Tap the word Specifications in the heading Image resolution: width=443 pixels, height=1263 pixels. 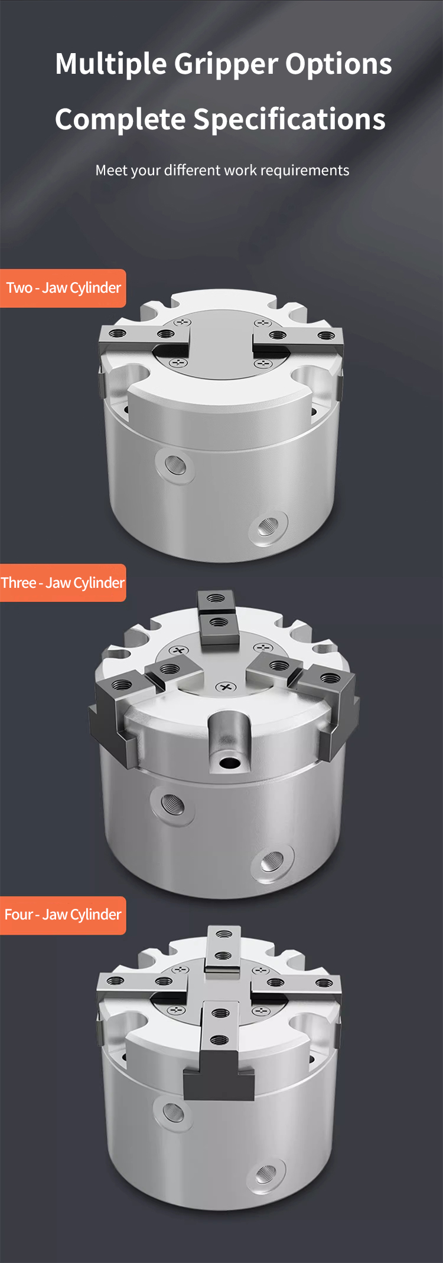[x=289, y=120]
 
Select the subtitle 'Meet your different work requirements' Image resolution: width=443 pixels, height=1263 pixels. [x=222, y=170]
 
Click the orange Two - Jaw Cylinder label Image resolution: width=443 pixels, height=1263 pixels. [x=63, y=288]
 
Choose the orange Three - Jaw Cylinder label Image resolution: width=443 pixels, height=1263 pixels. [x=63, y=583]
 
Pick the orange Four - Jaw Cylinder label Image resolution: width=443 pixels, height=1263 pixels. [x=63, y=915]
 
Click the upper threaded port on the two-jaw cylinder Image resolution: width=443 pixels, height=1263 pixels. [x=175, y=466]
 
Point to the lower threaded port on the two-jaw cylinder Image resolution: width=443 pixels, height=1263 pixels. [x=267, y=525]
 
